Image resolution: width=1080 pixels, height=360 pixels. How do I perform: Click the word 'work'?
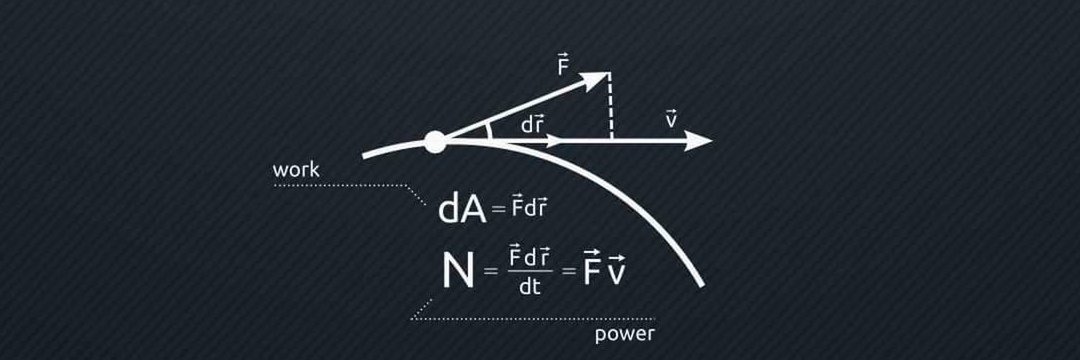point(296,170)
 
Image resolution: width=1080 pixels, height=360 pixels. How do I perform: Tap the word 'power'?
point(625,335)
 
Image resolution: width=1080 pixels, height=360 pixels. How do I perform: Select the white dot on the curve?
point(435,142)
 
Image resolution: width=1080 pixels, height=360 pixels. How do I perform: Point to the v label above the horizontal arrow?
point(672,119)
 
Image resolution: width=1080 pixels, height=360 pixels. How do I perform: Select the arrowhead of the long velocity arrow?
point(698,141)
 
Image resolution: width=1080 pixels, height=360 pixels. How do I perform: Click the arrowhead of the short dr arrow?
point(554,141)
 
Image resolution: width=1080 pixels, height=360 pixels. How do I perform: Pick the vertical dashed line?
point(610,106)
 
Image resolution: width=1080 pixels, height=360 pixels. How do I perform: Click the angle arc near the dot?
point(489,131)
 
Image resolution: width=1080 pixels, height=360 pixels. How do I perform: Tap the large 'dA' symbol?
point(462,209)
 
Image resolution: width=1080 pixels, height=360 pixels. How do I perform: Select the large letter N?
point(458,271)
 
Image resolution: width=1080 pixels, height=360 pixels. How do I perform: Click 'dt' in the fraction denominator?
point(530,287)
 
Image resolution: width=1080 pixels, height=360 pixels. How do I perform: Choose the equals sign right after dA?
point(499,210)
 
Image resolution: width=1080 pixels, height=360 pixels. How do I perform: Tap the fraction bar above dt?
point(530,271)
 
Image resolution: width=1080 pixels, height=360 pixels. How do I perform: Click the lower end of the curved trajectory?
point(702,285)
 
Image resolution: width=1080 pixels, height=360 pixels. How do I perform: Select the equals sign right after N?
point(490,272)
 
